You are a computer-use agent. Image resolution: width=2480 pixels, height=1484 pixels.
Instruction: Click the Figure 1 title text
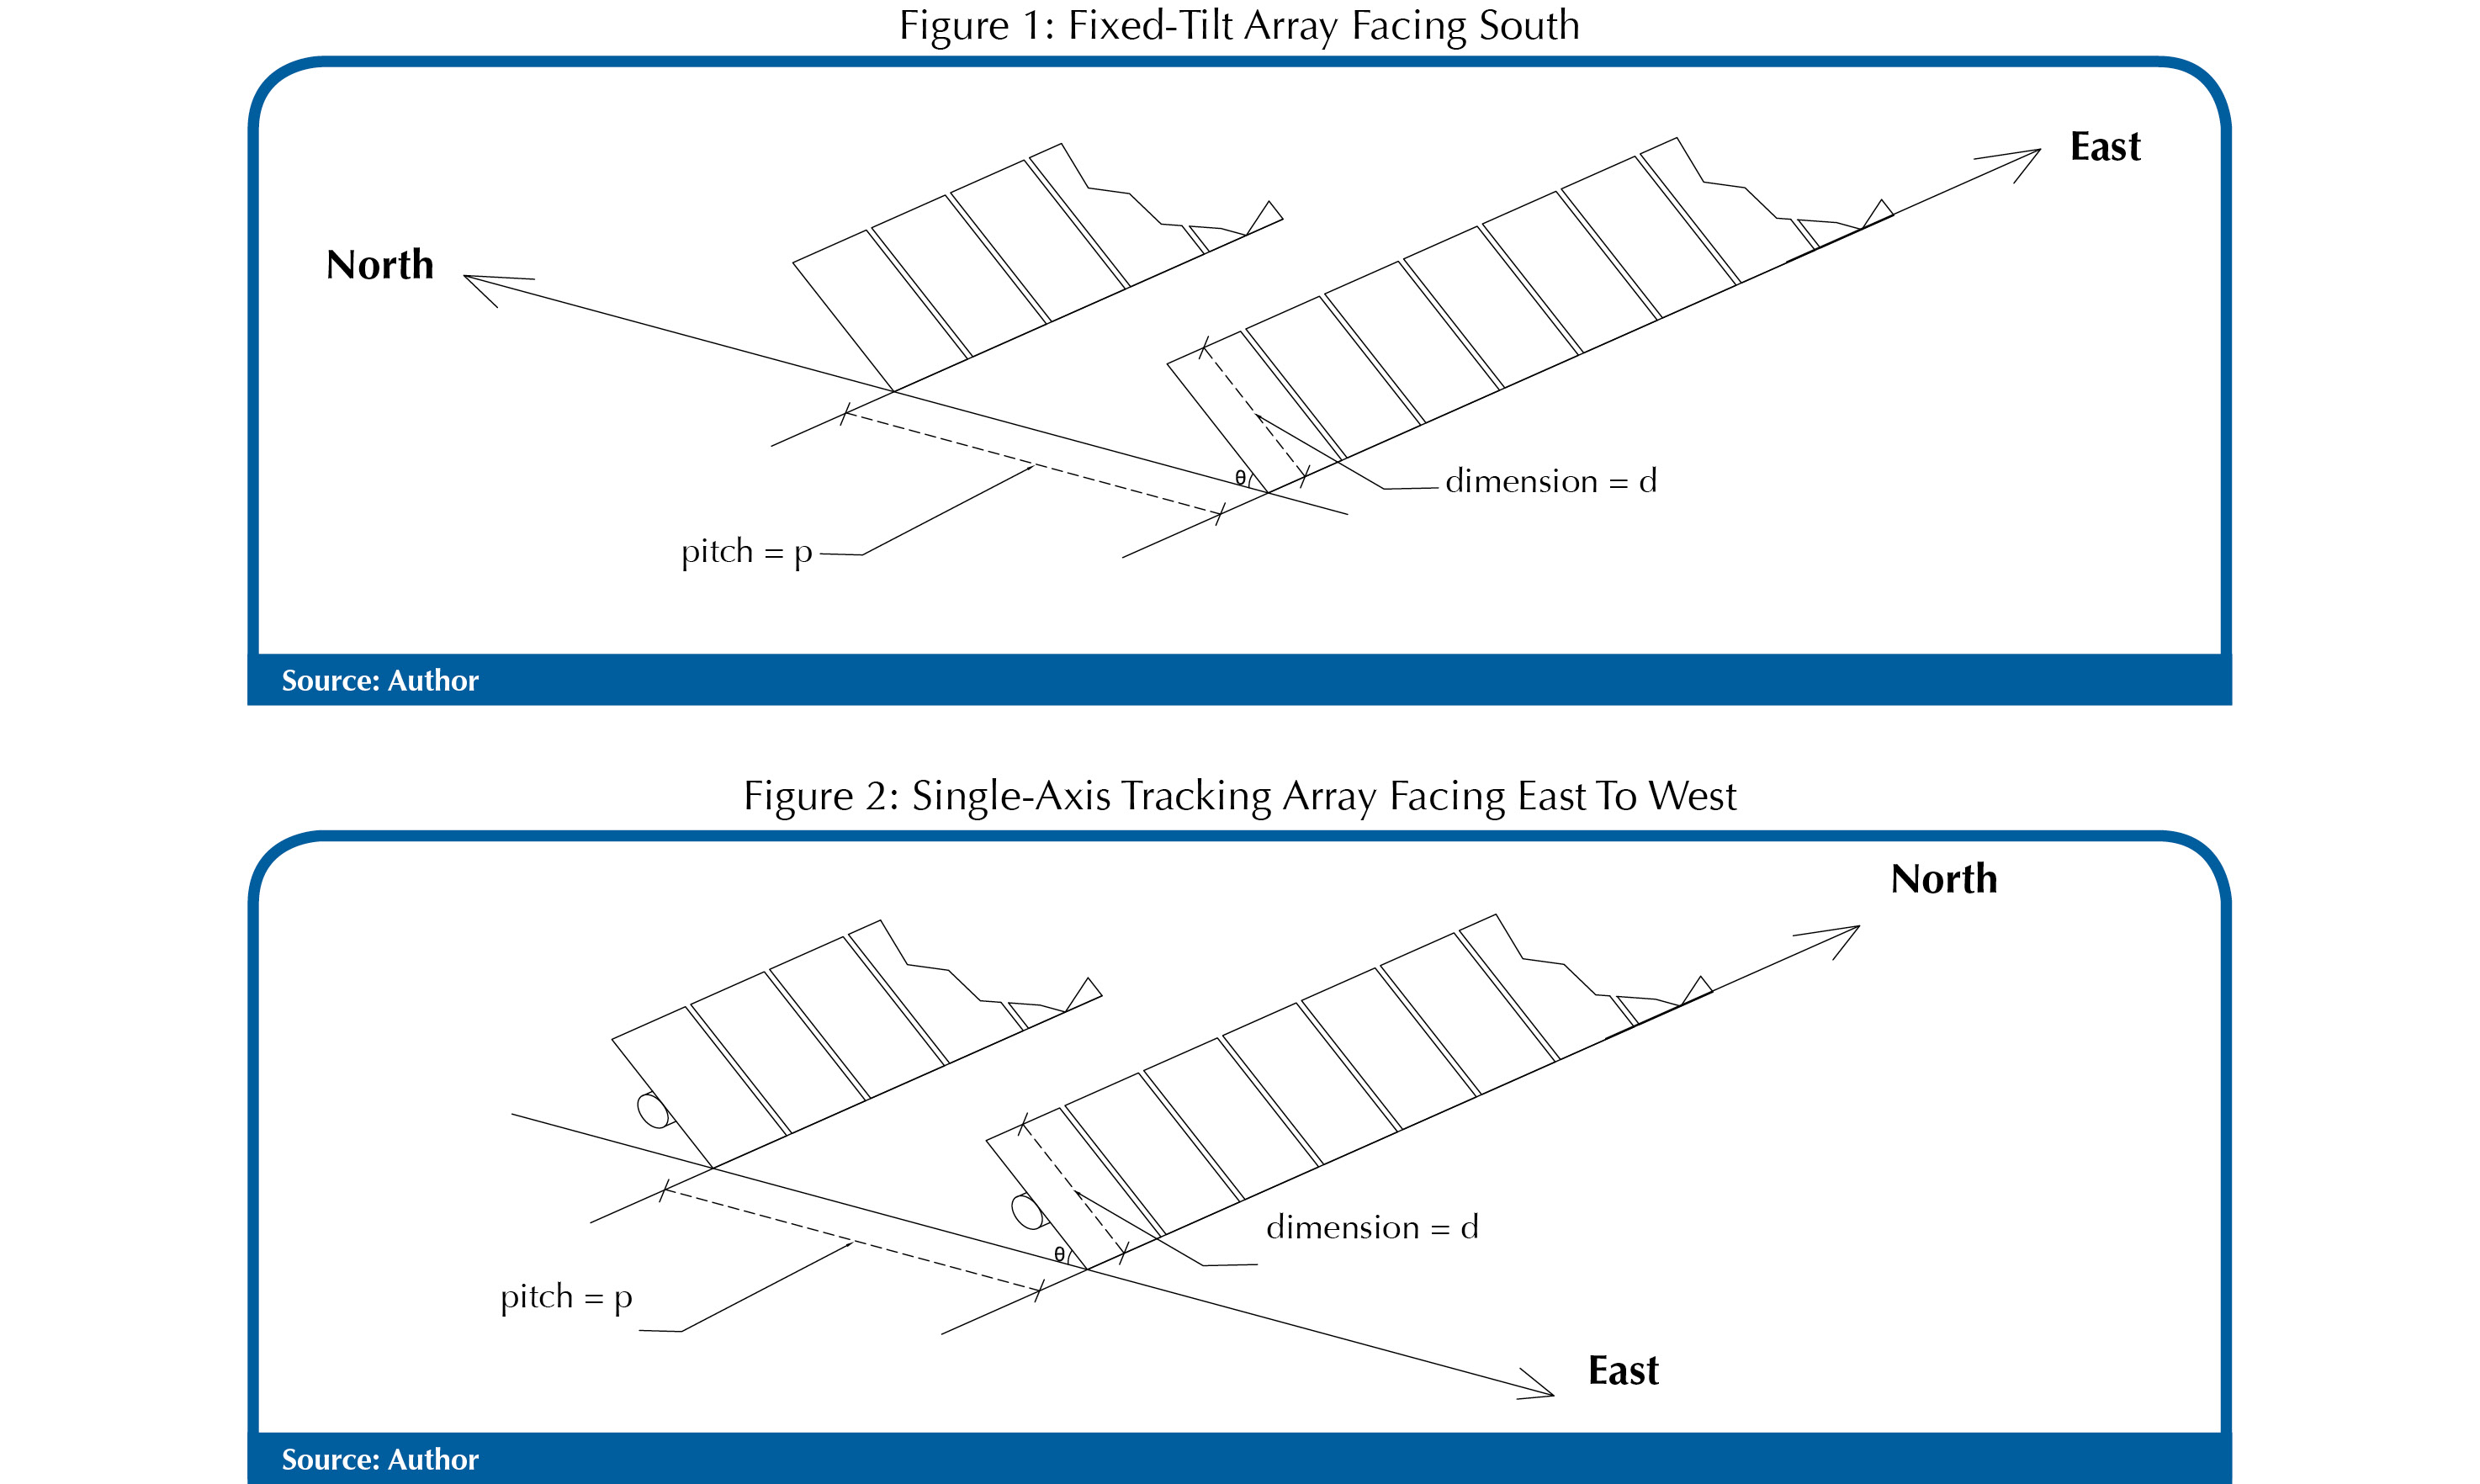[x=1239, y=26]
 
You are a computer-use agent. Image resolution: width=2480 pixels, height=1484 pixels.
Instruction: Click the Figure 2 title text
[x=1239, y=796]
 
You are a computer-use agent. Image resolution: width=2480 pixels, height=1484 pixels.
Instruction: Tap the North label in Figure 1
[x=380, y=265]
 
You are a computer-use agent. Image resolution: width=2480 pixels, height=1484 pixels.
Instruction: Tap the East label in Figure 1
[x=2105, y=147]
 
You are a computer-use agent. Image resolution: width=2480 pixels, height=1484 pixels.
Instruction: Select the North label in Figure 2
[x=1943, y=879]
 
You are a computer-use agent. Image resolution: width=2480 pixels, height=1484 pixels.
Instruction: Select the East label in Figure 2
[x=1623, y=1370]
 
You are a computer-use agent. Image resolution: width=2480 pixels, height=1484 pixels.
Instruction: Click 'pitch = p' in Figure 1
[x=746, y=551]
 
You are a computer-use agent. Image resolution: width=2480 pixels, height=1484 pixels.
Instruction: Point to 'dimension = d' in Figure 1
[x=1551, y=481]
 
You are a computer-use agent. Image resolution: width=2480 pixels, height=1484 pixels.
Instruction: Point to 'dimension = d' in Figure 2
[x=1372, y=1227]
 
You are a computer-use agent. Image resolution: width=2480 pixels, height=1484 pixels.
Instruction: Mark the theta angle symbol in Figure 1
[x=1240, y=477]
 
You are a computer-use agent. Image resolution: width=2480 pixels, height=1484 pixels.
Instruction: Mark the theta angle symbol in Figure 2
[x=1059, y=1254]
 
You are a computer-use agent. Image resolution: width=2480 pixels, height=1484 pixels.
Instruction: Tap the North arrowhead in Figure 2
[x=1851, y=931]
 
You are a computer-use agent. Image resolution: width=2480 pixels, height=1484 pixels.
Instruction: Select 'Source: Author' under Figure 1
[x=380, y=681]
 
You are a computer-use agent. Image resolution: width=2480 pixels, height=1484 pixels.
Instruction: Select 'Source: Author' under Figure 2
[x=380, y=1459]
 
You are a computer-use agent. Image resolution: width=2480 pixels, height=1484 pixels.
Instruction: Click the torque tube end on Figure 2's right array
[x=1026, y=1211]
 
